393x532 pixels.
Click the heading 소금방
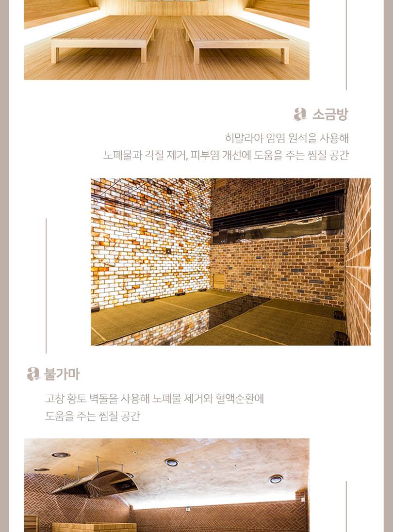tap(330, 114)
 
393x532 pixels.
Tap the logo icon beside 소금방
tap(300, 114)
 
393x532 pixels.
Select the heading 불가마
tap(62, 374)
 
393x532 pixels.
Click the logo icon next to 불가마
tap(33, 374)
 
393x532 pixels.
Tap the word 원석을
tap(303, 138)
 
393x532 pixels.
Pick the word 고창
tap(55, 399)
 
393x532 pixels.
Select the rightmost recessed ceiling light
tap(276, 479)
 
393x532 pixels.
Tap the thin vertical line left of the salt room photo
tap(46, 286)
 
